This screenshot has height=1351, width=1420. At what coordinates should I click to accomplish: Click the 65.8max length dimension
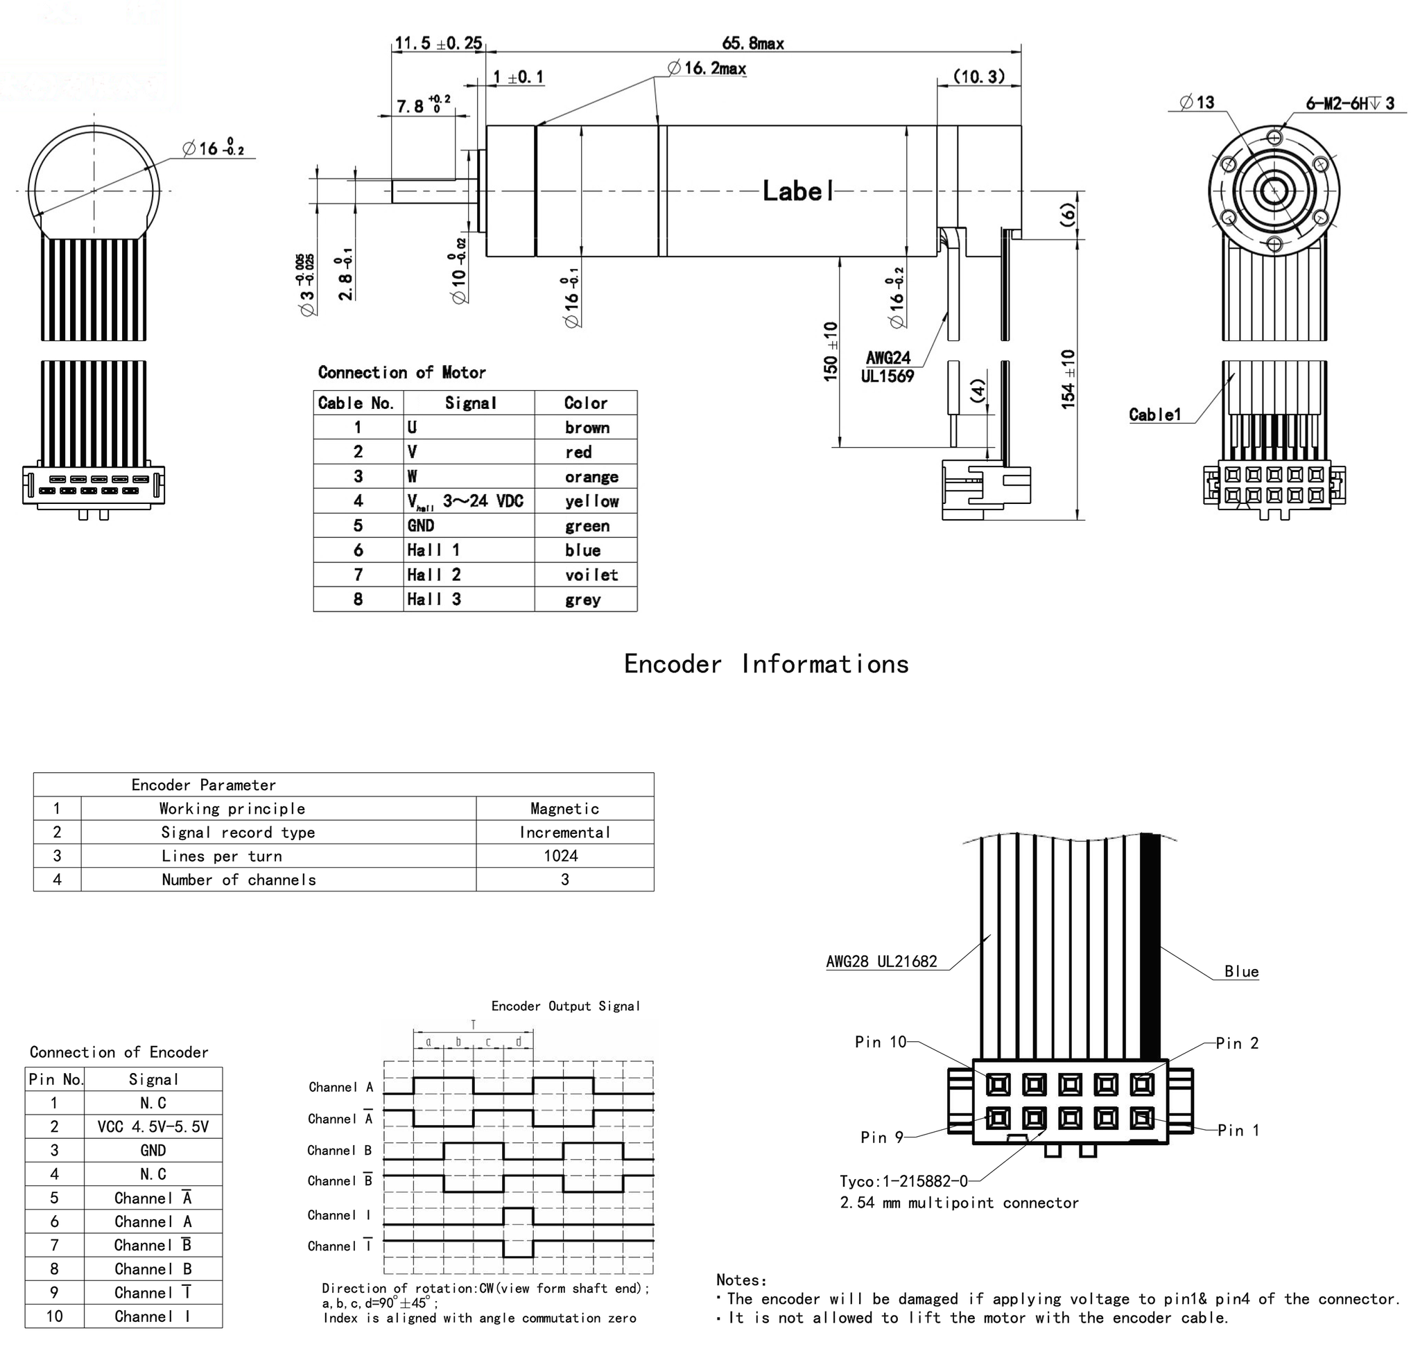752,43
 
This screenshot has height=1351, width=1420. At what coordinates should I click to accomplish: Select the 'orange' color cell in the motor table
591,477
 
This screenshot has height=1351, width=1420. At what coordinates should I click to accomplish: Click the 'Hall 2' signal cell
434,575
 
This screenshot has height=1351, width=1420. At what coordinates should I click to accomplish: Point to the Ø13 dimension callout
1197,103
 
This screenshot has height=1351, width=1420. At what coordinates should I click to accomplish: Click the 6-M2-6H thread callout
1349,104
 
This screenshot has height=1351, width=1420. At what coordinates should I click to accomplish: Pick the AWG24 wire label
887,358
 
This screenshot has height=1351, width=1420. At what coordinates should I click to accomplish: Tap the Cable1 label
1154,415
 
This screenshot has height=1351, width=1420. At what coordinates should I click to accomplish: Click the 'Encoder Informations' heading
766,664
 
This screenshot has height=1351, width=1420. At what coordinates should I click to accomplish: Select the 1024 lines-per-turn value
560,855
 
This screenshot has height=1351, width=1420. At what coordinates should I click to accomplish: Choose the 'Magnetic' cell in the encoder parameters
564,809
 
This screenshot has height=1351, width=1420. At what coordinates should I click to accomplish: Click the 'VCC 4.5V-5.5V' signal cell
153,1126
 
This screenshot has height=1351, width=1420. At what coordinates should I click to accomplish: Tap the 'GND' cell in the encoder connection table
153,1150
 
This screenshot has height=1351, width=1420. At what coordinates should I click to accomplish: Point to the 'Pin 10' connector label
880,1042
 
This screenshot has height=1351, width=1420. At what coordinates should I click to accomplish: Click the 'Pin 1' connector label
1238,1130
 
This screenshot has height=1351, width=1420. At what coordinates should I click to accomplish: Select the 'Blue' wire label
1240,971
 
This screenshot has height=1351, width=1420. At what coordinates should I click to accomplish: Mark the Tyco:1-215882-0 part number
903,1181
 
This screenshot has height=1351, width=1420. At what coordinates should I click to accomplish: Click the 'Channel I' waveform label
338,1215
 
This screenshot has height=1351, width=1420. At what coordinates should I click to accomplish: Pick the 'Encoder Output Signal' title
565,1006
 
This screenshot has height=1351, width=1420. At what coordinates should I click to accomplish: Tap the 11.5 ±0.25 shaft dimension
438,43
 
